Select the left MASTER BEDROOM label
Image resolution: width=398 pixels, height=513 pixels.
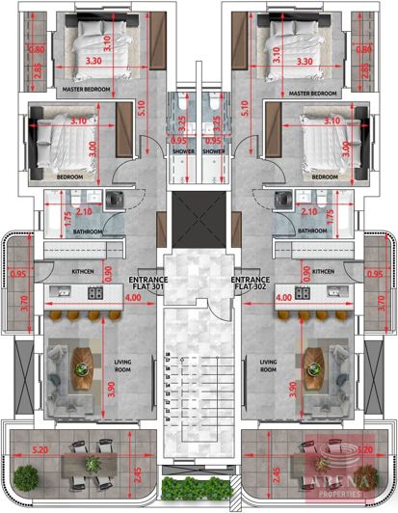87,92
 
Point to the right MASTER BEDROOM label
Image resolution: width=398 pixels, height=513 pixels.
310,92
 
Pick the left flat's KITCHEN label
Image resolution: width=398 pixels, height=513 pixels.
83,272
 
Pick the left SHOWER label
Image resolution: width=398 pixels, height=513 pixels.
183,150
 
